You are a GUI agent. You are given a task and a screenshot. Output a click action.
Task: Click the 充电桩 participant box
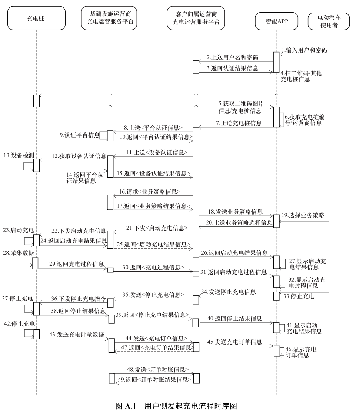pos(36,18)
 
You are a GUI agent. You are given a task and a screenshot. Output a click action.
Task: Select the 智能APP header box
pos(276,21)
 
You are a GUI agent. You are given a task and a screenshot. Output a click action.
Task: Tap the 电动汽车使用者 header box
pos(329,21)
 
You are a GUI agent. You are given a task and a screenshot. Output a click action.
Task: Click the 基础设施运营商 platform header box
pos(109,18)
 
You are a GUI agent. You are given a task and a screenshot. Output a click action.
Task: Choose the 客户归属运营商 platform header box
pos(196,18)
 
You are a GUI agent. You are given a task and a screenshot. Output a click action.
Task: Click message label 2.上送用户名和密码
pos(232,57)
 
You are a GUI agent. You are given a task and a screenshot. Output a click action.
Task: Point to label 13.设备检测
pos(19,155)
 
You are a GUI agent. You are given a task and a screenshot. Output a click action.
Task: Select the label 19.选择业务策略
pos(303,215)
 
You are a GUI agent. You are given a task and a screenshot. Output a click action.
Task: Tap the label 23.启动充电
pos(19,230)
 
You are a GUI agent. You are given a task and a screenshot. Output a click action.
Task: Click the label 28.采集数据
pos(19,253)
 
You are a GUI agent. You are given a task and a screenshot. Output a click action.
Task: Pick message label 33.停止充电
pos(299,296)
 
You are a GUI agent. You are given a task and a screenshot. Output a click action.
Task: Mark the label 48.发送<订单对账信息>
pos(158,370)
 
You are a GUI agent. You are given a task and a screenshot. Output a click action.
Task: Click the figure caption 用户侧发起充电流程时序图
pos(191,406)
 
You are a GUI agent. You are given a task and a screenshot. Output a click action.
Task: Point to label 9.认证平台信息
pos(79,135)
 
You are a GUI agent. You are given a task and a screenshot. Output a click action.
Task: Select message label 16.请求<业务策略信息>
pos(150,192)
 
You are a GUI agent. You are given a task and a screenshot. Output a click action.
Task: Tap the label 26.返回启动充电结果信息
pos(234,253)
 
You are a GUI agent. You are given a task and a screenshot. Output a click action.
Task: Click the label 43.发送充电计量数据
pos(77,335)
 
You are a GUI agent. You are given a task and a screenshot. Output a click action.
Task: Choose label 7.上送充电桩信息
pos(239,123)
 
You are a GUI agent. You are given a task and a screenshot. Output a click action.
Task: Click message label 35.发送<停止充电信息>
pos(153,295)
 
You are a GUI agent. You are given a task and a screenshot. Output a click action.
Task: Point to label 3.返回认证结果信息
pos(232,68)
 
